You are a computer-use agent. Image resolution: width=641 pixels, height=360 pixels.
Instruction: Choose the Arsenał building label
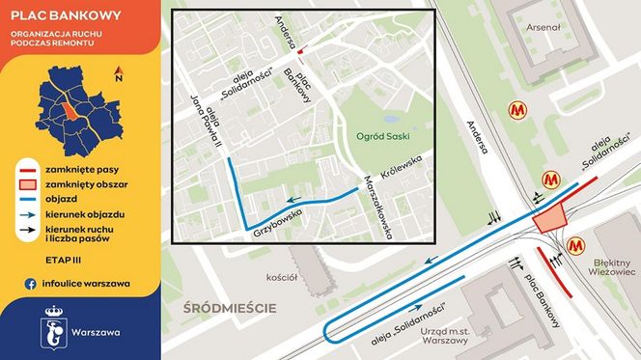(542, 27)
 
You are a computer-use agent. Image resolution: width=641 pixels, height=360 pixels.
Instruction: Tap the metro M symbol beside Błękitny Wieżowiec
(576, 247)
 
